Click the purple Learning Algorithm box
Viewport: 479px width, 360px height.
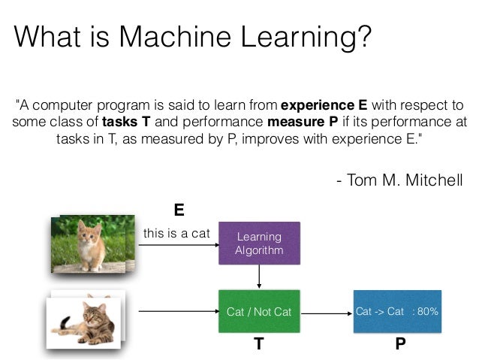point(259,243)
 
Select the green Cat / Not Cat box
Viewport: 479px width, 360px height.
point(259,310)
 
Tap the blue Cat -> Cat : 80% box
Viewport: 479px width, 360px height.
point(397,310)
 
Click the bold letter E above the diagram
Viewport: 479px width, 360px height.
point(179,209)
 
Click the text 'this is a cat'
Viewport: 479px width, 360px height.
point(176,233)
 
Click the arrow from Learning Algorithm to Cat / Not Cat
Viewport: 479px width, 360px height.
point(259,277)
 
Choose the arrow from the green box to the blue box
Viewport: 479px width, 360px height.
point(324,311)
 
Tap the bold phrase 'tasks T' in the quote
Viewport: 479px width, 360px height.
point(130,122)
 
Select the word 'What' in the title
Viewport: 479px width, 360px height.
point(47,35)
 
